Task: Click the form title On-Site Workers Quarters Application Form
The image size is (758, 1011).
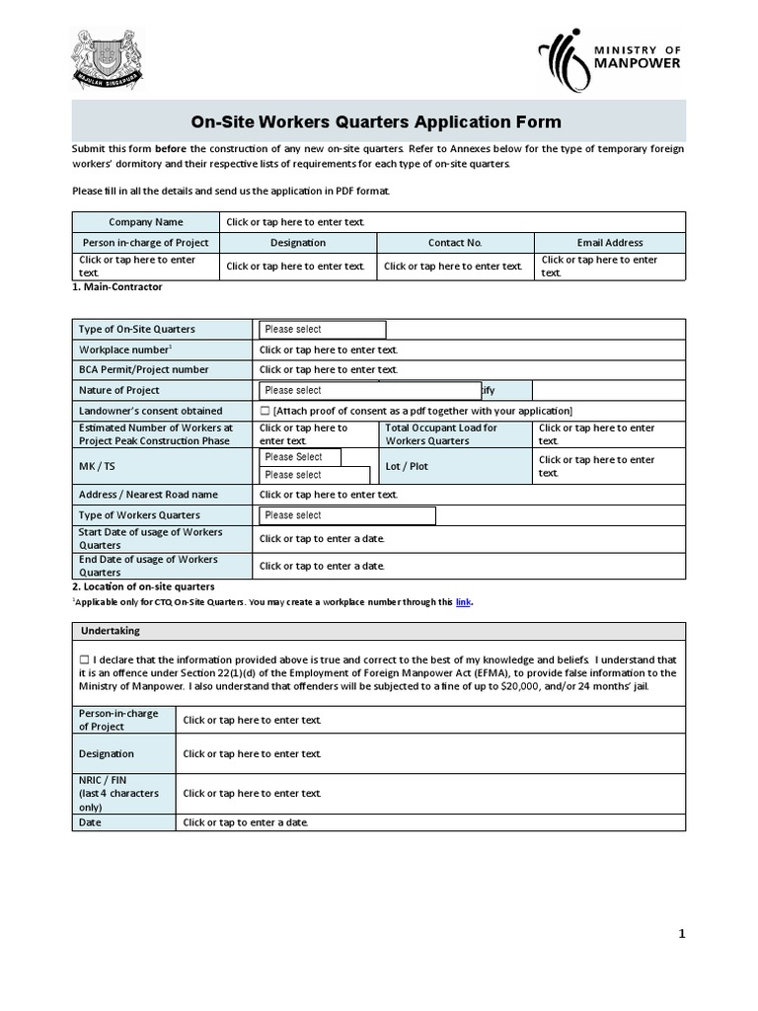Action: point(375,122)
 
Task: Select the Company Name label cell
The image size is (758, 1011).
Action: point(146,222)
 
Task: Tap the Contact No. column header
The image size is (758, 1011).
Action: point(455,242)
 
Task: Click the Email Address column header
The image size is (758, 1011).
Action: point(609,242)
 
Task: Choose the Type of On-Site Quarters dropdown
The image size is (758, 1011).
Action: point(322,330)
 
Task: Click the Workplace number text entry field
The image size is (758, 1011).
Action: point(329,350)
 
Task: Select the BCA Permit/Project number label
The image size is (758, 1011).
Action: point(144,369)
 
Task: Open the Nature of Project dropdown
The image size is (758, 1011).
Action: point(369,390)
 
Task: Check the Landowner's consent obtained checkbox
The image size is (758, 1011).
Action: point(265,411)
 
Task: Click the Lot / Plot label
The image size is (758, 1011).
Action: point(407,466)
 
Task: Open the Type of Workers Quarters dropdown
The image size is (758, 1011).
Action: point(346,515)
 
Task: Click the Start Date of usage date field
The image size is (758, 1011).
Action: point(322,538)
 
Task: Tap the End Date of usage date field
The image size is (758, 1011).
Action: point(322,566)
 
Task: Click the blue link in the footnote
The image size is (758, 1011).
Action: point(463,601)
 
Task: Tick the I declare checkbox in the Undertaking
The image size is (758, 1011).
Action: point(84,659)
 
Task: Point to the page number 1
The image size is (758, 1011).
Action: point(681,934)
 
